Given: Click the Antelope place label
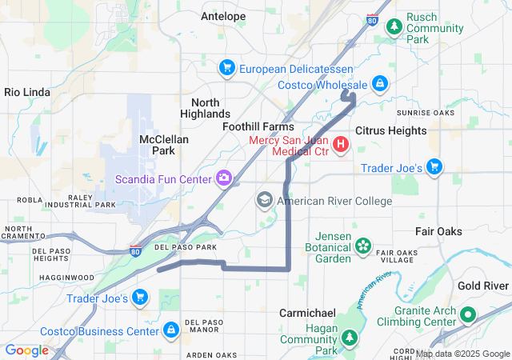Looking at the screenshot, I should click(223, 16).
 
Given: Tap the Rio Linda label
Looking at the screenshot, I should click(27, 92).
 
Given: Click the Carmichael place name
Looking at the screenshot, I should click(307, 313).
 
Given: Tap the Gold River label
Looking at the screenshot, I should click(483, 286).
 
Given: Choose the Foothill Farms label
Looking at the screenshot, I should click(258, 126).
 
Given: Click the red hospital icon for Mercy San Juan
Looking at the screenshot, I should click(341, 145).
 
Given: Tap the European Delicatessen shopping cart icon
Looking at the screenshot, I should click(227, 68).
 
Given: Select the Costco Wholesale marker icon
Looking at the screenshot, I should click(380, 83).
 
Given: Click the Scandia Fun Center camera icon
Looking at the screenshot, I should click(225, 178).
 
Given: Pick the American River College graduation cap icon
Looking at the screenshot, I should click(265, 199).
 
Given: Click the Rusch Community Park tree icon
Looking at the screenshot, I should click(394, 26).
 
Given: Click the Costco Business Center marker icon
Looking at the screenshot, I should click(170, 330).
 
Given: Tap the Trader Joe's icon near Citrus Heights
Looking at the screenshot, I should click(434, 166).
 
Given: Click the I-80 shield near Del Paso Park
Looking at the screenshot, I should click(136, 250).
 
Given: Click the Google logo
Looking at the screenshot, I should click(26, 350).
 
